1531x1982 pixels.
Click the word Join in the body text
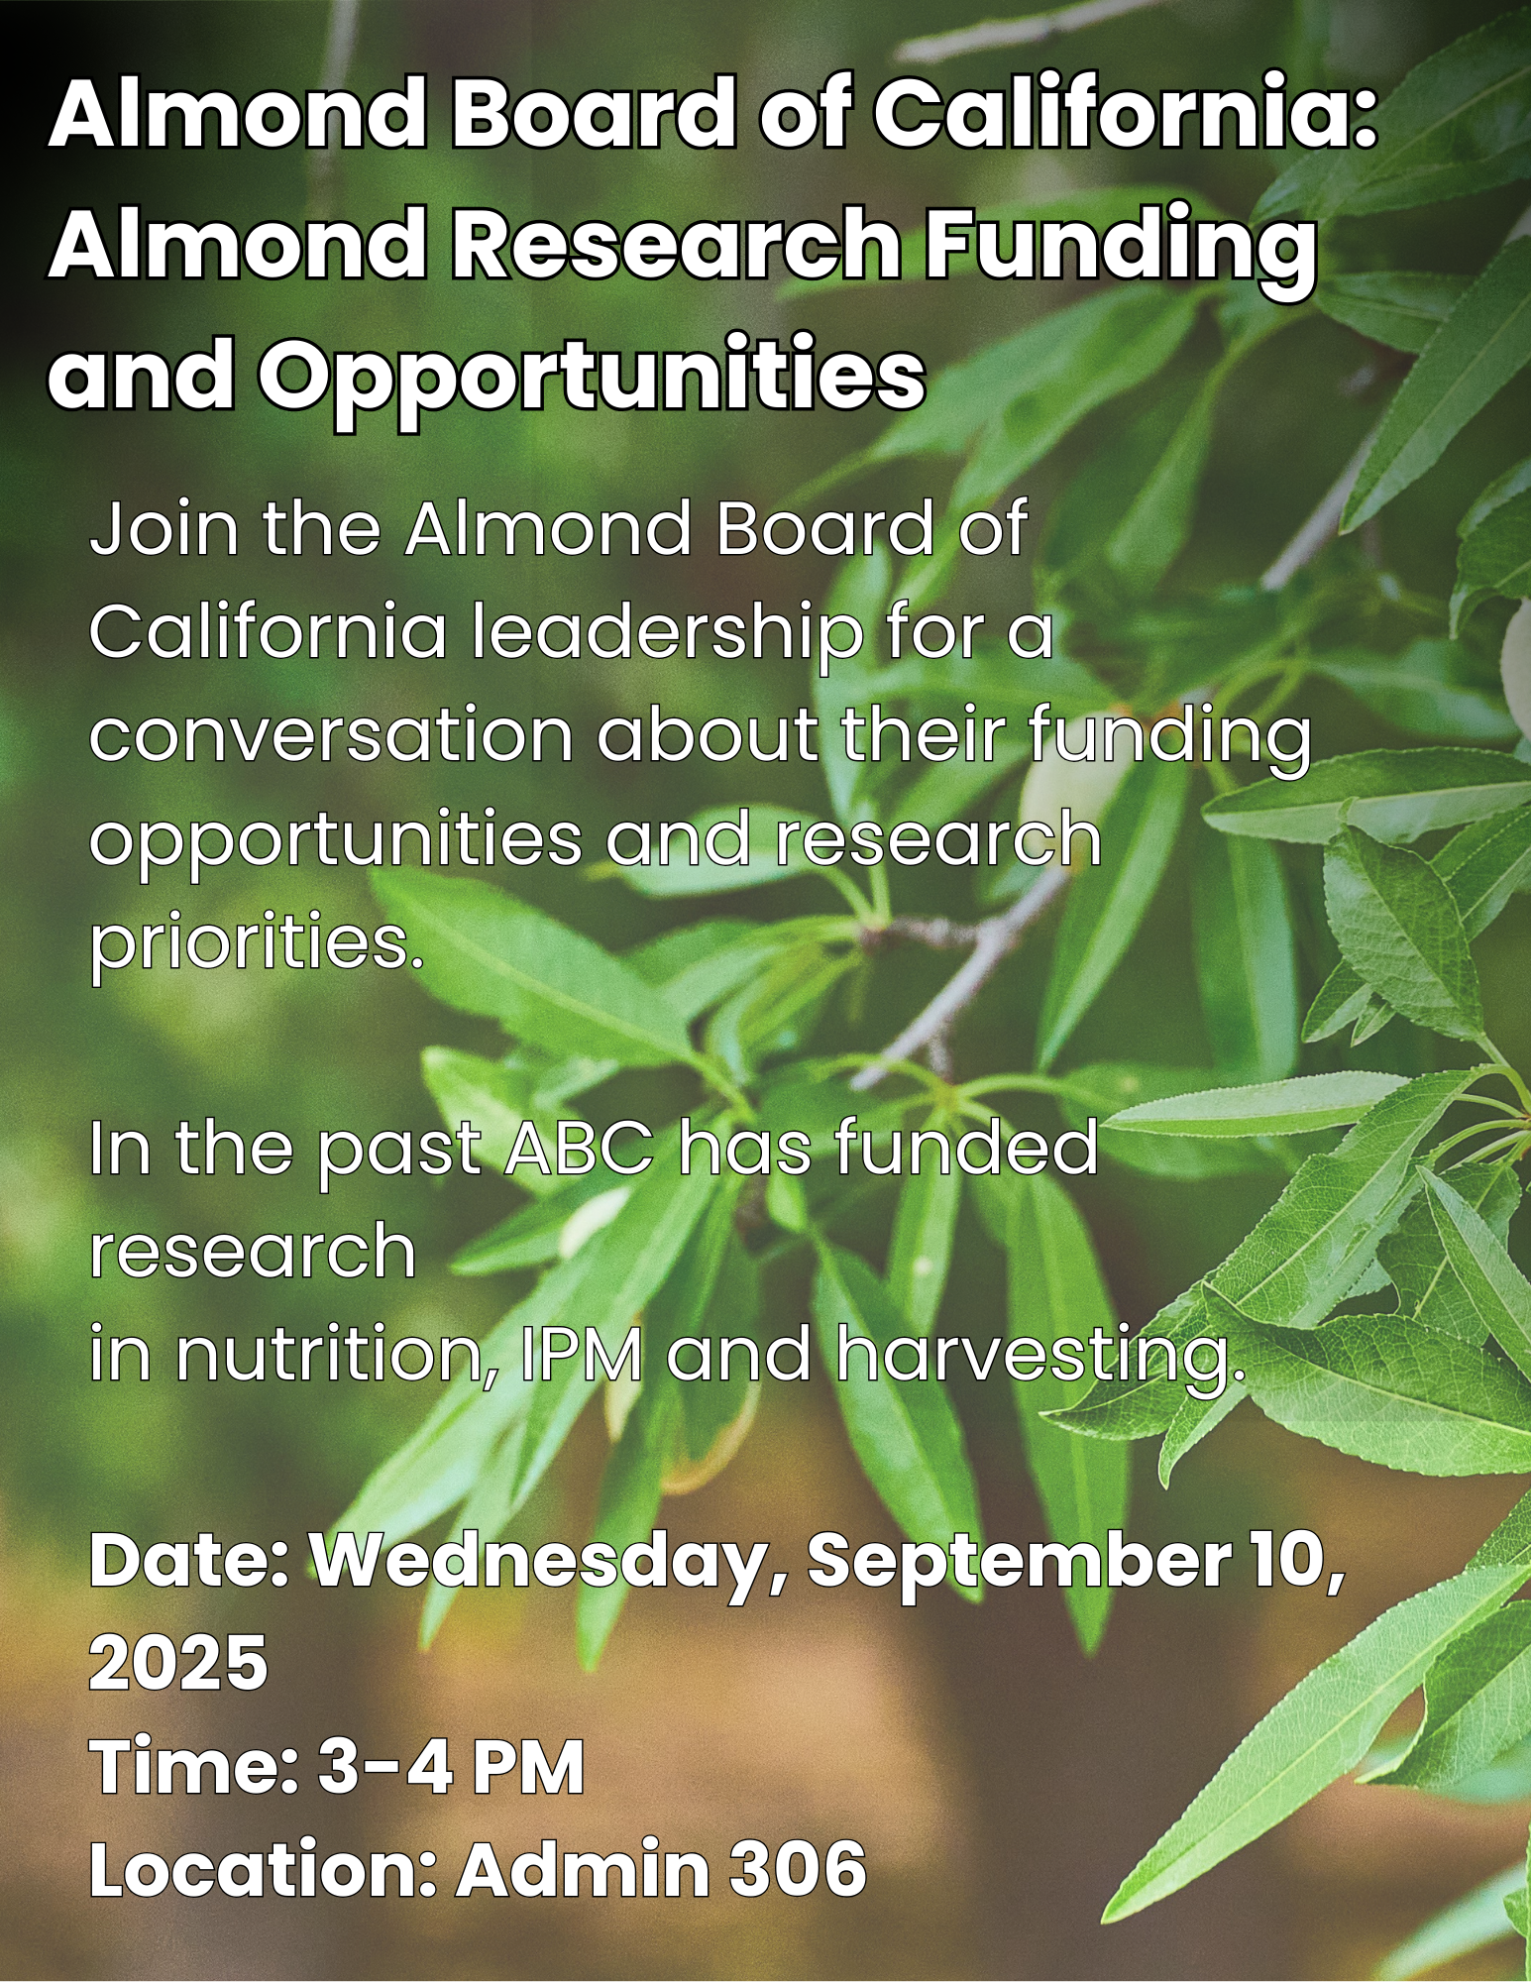click(x=164, y=529)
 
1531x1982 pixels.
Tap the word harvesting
click(x=1039, y=1358)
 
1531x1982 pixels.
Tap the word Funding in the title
click(x=1120, y=248)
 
